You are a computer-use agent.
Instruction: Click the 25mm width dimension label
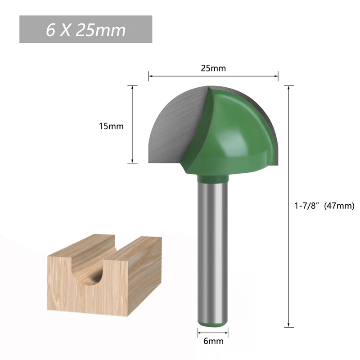[213, 68]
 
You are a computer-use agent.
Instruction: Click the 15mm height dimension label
[111, 126]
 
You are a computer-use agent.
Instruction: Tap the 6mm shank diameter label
[213, 341]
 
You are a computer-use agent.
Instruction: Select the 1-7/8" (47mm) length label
[321, 206]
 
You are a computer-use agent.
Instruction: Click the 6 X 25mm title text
[85, 30]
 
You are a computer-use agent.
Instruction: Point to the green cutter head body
[234, 135]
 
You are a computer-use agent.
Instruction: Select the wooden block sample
[103, 274]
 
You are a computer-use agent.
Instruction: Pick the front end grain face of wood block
[72, 288]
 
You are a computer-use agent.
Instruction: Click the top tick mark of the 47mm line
[288, 85]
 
